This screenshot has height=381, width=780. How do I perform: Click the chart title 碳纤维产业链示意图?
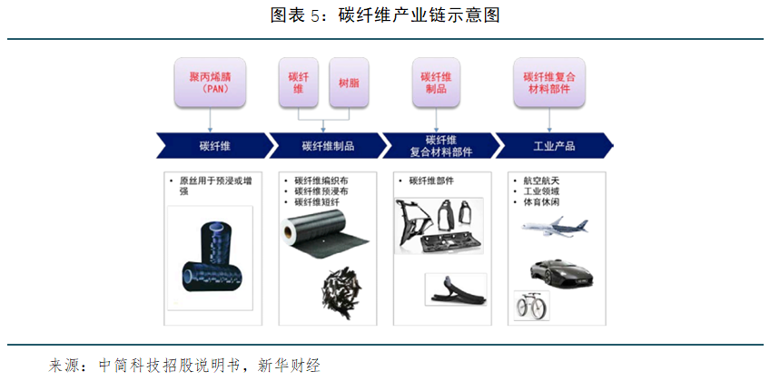[419, 16]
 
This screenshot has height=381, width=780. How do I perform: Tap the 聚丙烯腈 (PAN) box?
[211, 83]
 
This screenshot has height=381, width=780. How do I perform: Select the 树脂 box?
[350, 83]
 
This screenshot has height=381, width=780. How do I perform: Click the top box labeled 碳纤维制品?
[436, 83]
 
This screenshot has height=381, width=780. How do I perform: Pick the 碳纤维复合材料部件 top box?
[549, 83]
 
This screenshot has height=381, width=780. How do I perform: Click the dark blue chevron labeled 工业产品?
[554, 146]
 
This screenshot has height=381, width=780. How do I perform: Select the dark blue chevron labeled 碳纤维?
[215, 146]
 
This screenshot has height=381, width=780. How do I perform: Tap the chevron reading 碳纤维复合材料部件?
[440, 146]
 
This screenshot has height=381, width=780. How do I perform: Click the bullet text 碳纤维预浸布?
[321, 191]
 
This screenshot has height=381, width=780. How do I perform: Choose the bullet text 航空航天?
[538, 181]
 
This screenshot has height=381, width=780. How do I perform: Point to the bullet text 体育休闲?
[538, 202]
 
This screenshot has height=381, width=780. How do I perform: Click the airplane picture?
[555, 226]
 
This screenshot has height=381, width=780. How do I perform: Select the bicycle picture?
[532, 305]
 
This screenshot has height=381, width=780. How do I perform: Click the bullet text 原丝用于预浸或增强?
[215, 186]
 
